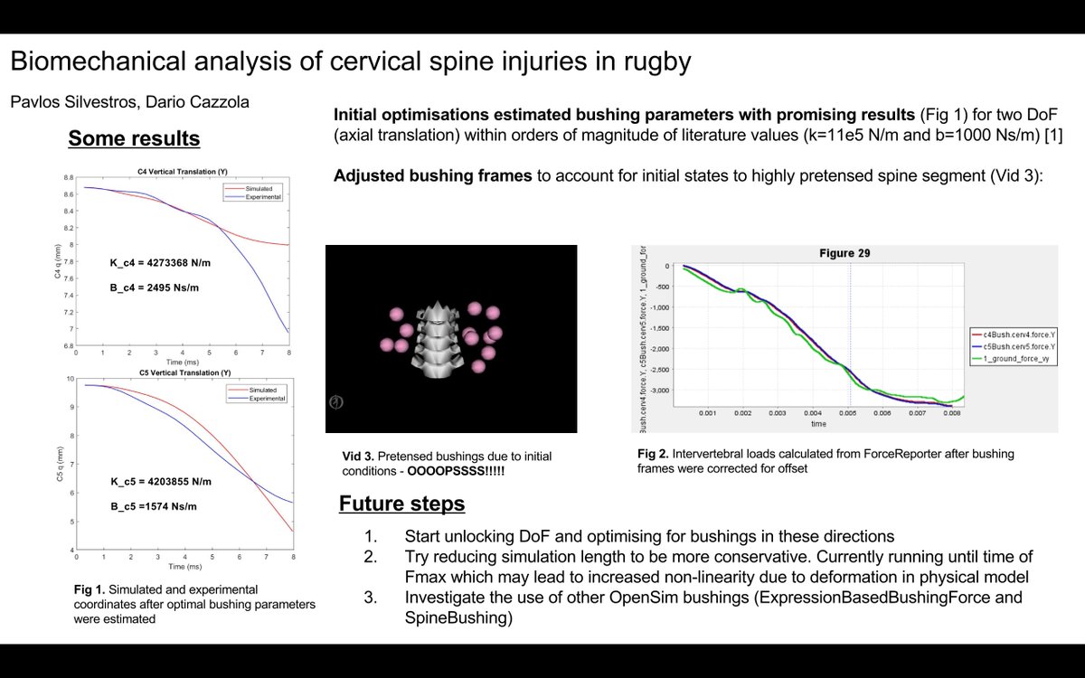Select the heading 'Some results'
(134, 138)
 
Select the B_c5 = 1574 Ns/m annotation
(147, 506)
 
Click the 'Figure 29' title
(844, 253)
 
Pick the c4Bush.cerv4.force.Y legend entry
(1021, 334)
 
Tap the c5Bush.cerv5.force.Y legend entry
(1021, 347)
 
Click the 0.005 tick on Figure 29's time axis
(848, 413)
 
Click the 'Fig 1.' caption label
(89, 589)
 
